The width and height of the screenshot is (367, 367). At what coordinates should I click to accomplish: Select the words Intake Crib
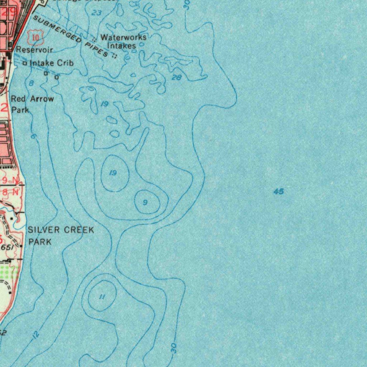tap(52, 63)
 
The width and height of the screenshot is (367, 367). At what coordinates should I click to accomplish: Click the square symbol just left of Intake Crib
tap(25, 63)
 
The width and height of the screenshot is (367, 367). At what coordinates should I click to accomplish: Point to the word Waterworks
tap(123, 37)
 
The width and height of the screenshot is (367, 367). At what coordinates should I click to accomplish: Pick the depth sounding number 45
tap(278, 192)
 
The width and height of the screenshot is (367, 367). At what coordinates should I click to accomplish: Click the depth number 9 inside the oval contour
tap(145, 202)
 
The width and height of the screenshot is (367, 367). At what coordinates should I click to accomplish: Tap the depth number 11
tap(102, 297)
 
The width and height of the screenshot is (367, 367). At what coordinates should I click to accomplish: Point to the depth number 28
tap(176, 77)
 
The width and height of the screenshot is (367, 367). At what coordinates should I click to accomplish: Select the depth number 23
tap(96, 13)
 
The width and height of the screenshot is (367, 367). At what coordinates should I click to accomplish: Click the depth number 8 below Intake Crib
tap(31, 83)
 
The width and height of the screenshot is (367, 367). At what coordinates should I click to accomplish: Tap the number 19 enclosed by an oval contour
tap(113, 173)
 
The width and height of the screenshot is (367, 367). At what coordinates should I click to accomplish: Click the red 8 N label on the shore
tap(10, 192)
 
